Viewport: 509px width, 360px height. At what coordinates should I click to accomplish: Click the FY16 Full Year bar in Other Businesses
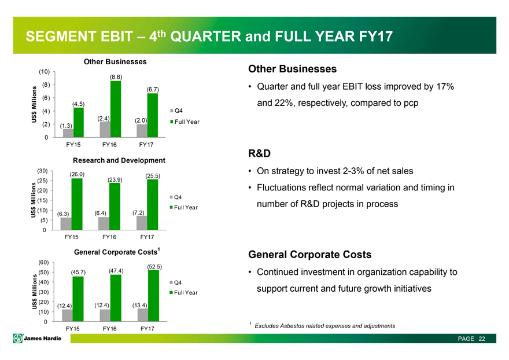(116, 108)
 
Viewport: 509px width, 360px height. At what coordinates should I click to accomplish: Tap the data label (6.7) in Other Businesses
(153, 89)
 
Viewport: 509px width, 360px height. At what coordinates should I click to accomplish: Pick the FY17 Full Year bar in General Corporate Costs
(153, 295)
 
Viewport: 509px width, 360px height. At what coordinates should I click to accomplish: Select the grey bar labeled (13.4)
(142, 314)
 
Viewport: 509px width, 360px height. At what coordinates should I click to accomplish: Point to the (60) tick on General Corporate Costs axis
(43, 262)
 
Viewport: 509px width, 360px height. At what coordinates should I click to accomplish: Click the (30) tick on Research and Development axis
(43, 171)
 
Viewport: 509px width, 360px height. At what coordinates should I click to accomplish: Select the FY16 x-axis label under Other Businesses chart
(110, 145)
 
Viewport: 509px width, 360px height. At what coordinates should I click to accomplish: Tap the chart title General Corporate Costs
(116, 252)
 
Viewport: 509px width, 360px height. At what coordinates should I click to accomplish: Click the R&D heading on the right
(260, 154)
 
